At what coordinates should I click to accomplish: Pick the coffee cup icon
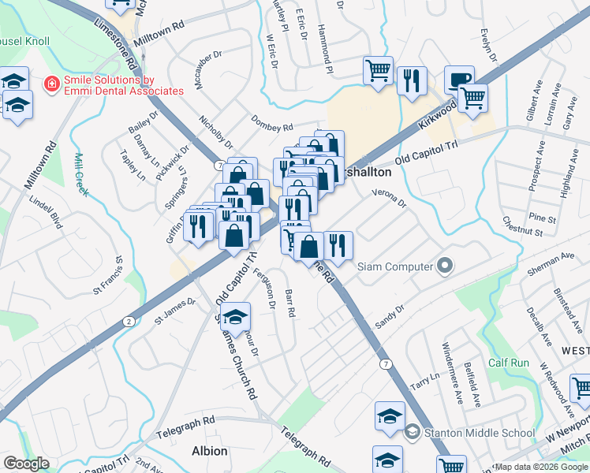pyautogui.click(x=459, y=80)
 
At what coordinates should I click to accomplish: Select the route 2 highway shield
pyautogui.click(x=128, y=321)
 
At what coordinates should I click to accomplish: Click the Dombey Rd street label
pyautogui.click(x=271, y=125)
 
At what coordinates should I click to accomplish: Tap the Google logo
pyautogui.click(x=26, y=464)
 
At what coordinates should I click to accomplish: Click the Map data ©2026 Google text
pyautogui.click(x=541, y=467)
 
